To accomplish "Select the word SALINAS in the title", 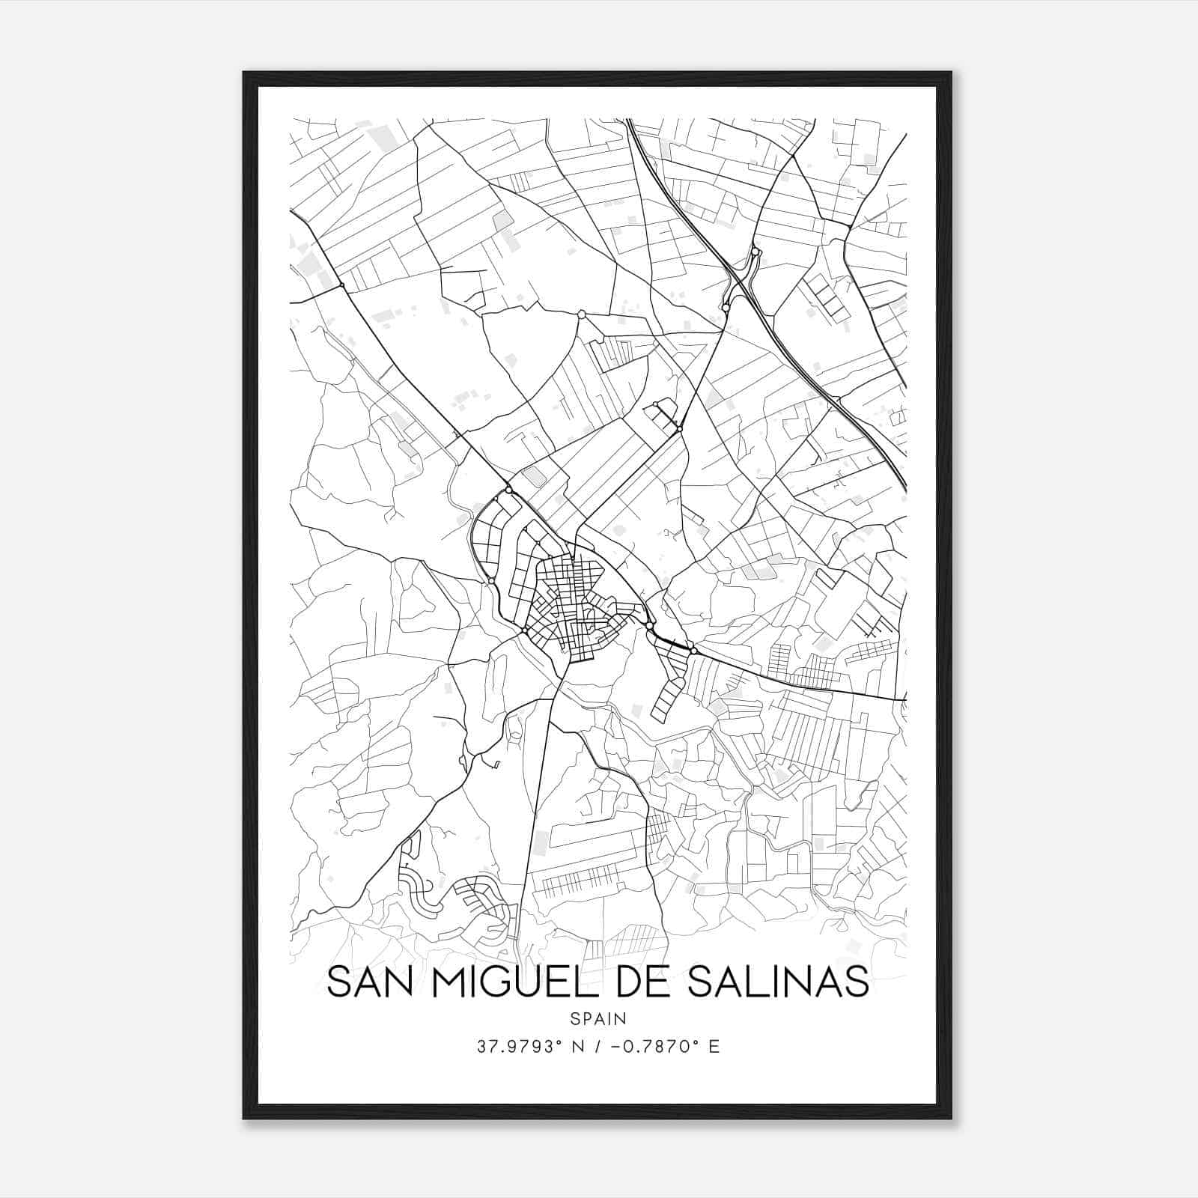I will coord(776,982).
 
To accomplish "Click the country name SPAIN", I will coord(598,1018).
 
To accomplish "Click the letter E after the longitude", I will coord(714,1047).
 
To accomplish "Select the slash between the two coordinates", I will coord(598,1047).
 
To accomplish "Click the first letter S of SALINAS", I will coord(696,982).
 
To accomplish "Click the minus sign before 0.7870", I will coord(615,1047).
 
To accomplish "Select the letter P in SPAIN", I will coord(586,1018).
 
